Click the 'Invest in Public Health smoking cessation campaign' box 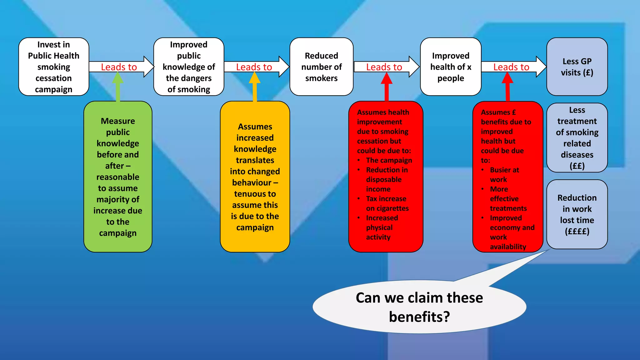54,67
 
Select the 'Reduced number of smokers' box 321,67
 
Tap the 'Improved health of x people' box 450,67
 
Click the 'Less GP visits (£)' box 577,67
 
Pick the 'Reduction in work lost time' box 577,214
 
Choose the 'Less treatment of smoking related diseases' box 577,137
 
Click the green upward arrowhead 118,78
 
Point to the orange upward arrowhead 255,78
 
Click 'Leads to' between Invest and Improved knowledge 119,67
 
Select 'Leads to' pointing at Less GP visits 511,67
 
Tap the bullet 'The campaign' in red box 389,160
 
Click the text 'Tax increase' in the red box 386,199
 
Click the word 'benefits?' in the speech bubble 419,317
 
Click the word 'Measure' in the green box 118,121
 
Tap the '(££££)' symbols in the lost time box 577,232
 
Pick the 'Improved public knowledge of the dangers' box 189,67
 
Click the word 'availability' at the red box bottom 508,247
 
